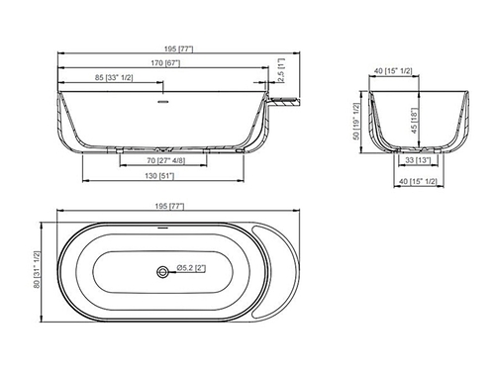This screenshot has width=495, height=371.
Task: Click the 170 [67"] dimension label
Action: (165, 62)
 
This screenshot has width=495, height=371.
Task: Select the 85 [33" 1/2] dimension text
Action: (114, 77)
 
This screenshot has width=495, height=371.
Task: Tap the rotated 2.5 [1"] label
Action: (281, 71)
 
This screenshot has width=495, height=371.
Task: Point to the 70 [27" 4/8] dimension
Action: (166, 160)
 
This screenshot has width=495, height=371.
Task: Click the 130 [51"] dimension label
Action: (159, 176)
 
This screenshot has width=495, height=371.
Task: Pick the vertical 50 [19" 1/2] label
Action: (355, 121)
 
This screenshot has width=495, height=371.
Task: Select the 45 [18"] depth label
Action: (415, 121)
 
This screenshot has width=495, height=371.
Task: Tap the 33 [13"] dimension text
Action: (418, 160)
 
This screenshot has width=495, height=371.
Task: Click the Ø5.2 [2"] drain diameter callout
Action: (191, 268)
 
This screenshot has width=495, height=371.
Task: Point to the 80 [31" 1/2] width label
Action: (37, 269)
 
